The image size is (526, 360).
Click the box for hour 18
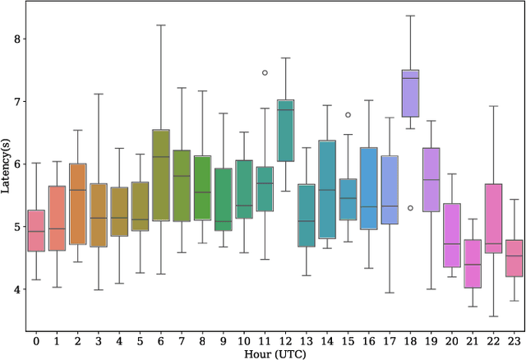pyautogui.click(x=409, y=94)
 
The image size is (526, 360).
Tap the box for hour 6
pyautogui.click(x=161, y=175)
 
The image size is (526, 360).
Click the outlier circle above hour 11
pyautogui.click(x=265, y=72)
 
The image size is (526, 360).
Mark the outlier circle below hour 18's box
pyautogui.click(x=410, y=208)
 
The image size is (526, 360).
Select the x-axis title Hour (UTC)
pyautogui.click(x=275, y=352)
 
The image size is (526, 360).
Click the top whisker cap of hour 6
pyautogui.click(x=161, y=25)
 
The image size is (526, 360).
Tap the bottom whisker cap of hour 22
pyautogui.click(x=492, y=316)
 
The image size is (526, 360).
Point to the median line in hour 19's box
pyautogui.click(x=431, y=179)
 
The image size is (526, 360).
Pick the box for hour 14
pyautogui.click(x=327, y=189)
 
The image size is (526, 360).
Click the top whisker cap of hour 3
pyautogui.click(x=99, y=94)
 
